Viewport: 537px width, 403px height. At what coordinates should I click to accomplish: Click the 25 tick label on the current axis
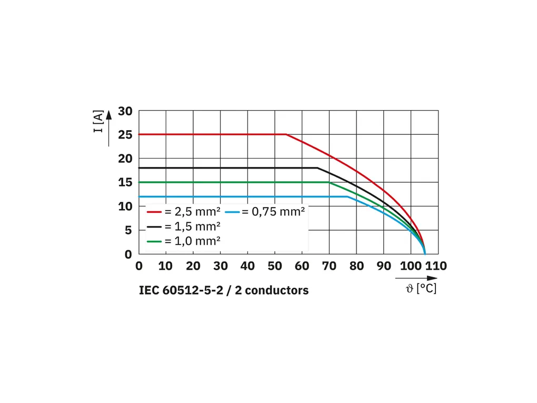(125, 135)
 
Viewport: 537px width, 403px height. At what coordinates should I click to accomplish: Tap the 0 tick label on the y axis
(128, 254)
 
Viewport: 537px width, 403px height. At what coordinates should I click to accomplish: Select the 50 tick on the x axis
(275, 266)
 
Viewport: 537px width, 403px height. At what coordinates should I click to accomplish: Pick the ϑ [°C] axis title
(421, 289)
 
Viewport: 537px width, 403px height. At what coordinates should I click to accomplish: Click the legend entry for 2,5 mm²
(182, 212)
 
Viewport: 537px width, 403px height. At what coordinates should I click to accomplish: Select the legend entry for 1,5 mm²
(182, 227)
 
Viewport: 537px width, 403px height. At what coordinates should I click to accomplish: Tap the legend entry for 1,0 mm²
(182, 241)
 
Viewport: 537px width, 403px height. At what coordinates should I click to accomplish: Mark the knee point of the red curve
(286, 134)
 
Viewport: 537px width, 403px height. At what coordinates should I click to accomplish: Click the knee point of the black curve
(317, 168)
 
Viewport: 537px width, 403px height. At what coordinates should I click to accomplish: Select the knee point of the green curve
(330, 182)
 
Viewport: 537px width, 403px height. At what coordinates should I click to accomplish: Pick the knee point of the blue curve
(347, 196)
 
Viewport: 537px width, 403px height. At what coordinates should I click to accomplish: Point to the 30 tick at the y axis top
(125, 111)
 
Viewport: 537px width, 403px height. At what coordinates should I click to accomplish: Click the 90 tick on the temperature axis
(384, 266)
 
